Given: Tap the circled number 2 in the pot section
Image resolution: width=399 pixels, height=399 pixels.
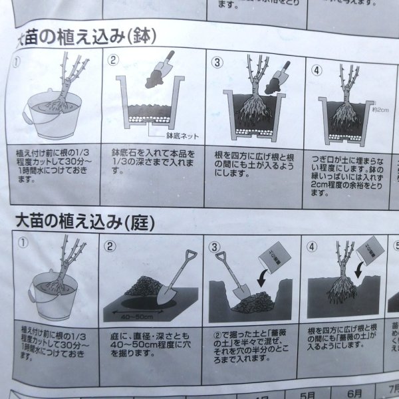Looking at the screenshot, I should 114,61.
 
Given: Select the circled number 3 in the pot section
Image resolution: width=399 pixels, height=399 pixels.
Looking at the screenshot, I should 217,63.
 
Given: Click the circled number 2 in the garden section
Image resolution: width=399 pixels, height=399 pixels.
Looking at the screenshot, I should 111,245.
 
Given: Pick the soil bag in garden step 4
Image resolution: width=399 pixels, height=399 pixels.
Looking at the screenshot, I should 367,253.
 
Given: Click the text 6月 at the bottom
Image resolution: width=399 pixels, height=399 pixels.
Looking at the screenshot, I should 355,394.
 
